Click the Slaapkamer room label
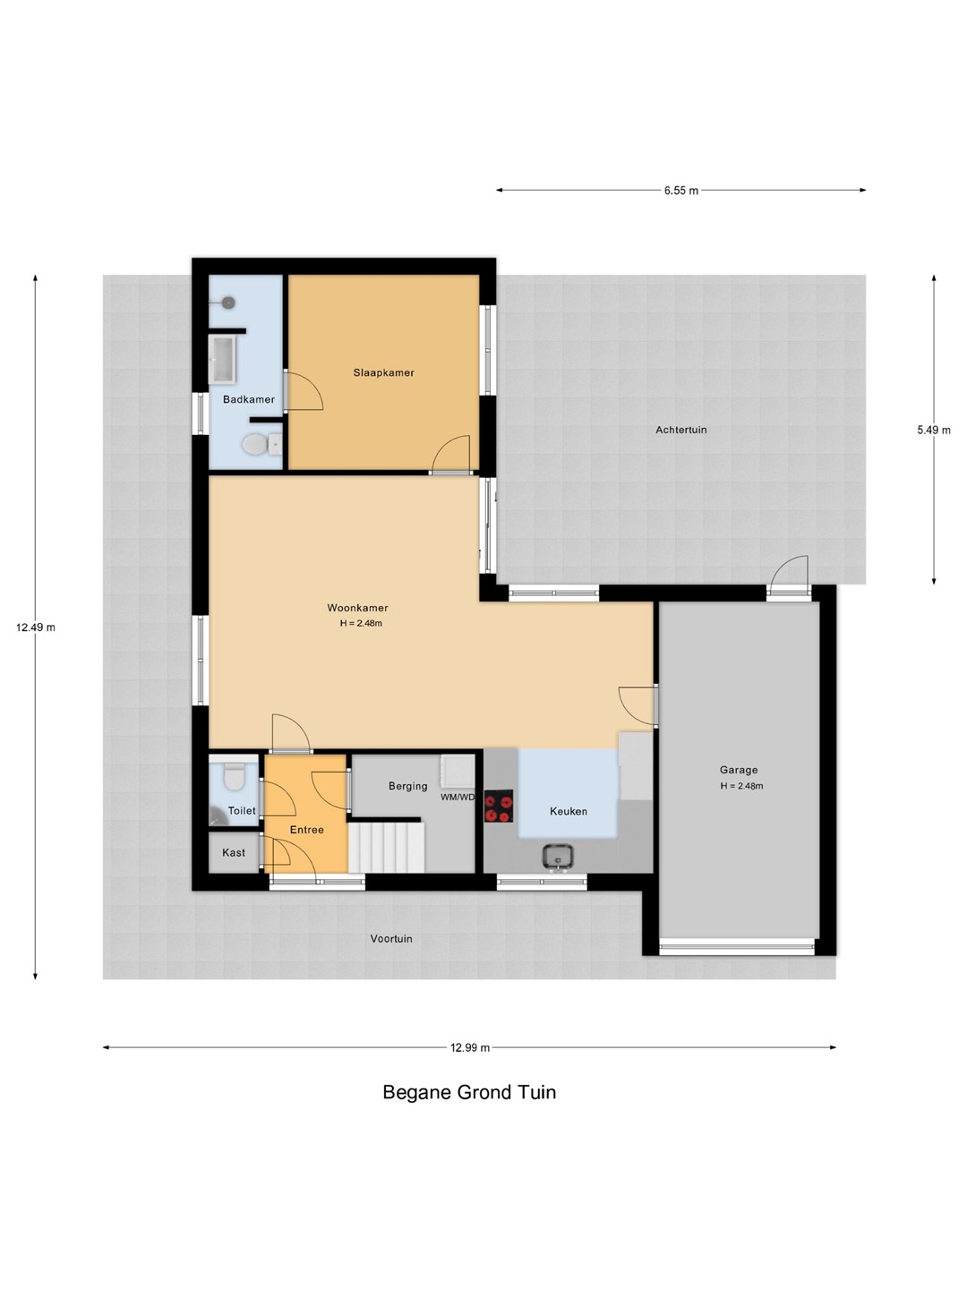pos(383,372)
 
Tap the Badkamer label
pos(248,399)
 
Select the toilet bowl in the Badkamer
pos(261,444)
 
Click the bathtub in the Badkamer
pos(223,358)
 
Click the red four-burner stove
pos(499,806)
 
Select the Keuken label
pos(568,811)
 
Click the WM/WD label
pos(458,797)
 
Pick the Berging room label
pos(407,786)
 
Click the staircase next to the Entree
pos(386,848)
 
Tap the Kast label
pos(234,852)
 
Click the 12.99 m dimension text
pos(470,1047)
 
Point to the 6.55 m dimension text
pos(681,191)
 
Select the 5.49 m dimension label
pos(934,430)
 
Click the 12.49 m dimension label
pos(36,627)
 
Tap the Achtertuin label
pos(681,430)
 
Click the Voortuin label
pos(391,938)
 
